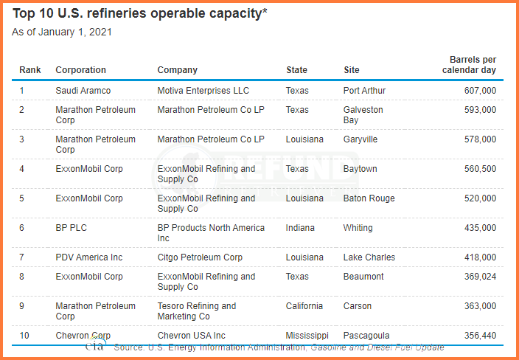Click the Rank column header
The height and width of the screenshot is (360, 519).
click(30, 70)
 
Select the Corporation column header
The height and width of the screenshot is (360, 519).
click(81, 70)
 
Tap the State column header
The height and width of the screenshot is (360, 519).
click(296, 70)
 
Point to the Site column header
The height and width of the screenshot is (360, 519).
click(351, 70)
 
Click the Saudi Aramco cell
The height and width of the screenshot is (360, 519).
click(83, 91)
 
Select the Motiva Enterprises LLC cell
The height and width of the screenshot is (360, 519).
click(203, 91)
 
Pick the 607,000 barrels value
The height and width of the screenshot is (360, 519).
click(480, 91)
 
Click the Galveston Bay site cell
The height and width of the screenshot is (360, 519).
click(363, 114)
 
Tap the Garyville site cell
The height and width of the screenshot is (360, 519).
click(360, 139)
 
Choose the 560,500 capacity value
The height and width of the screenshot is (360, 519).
click(480, 169)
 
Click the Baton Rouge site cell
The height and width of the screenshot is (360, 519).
click(369, 198)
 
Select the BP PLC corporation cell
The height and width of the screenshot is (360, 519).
click(72, 227)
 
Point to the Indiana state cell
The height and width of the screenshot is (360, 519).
click(300, 227)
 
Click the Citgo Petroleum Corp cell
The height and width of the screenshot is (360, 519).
click(200, 257)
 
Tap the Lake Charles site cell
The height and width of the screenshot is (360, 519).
click(369, 257)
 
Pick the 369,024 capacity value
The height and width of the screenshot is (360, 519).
click(480, 276)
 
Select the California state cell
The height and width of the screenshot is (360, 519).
click(304, 305)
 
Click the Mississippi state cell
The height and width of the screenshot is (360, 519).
click(307, 336)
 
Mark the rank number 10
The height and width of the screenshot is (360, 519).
click(24, 336)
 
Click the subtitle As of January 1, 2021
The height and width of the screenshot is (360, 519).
click(62, 32)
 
